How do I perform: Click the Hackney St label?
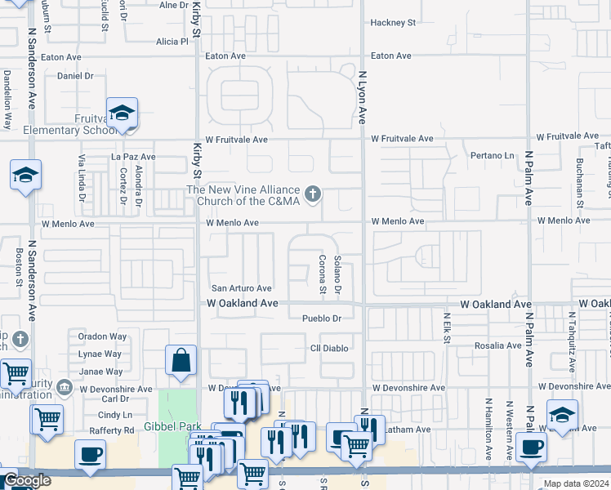(392, 23)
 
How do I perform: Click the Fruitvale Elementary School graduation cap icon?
(122, 114)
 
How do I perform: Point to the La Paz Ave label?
(133, 156)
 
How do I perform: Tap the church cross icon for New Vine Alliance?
(311, 194)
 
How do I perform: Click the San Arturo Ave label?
(242, 288)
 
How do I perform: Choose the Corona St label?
(323, 274)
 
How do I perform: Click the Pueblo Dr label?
(321, 318)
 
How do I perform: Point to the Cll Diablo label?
(329, 348)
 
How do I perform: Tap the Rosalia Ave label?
(498, 345)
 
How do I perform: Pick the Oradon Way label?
(102, 336)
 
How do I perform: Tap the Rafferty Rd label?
(116, 430)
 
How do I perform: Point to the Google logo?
(26, 481)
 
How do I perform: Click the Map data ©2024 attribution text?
(575, 483)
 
